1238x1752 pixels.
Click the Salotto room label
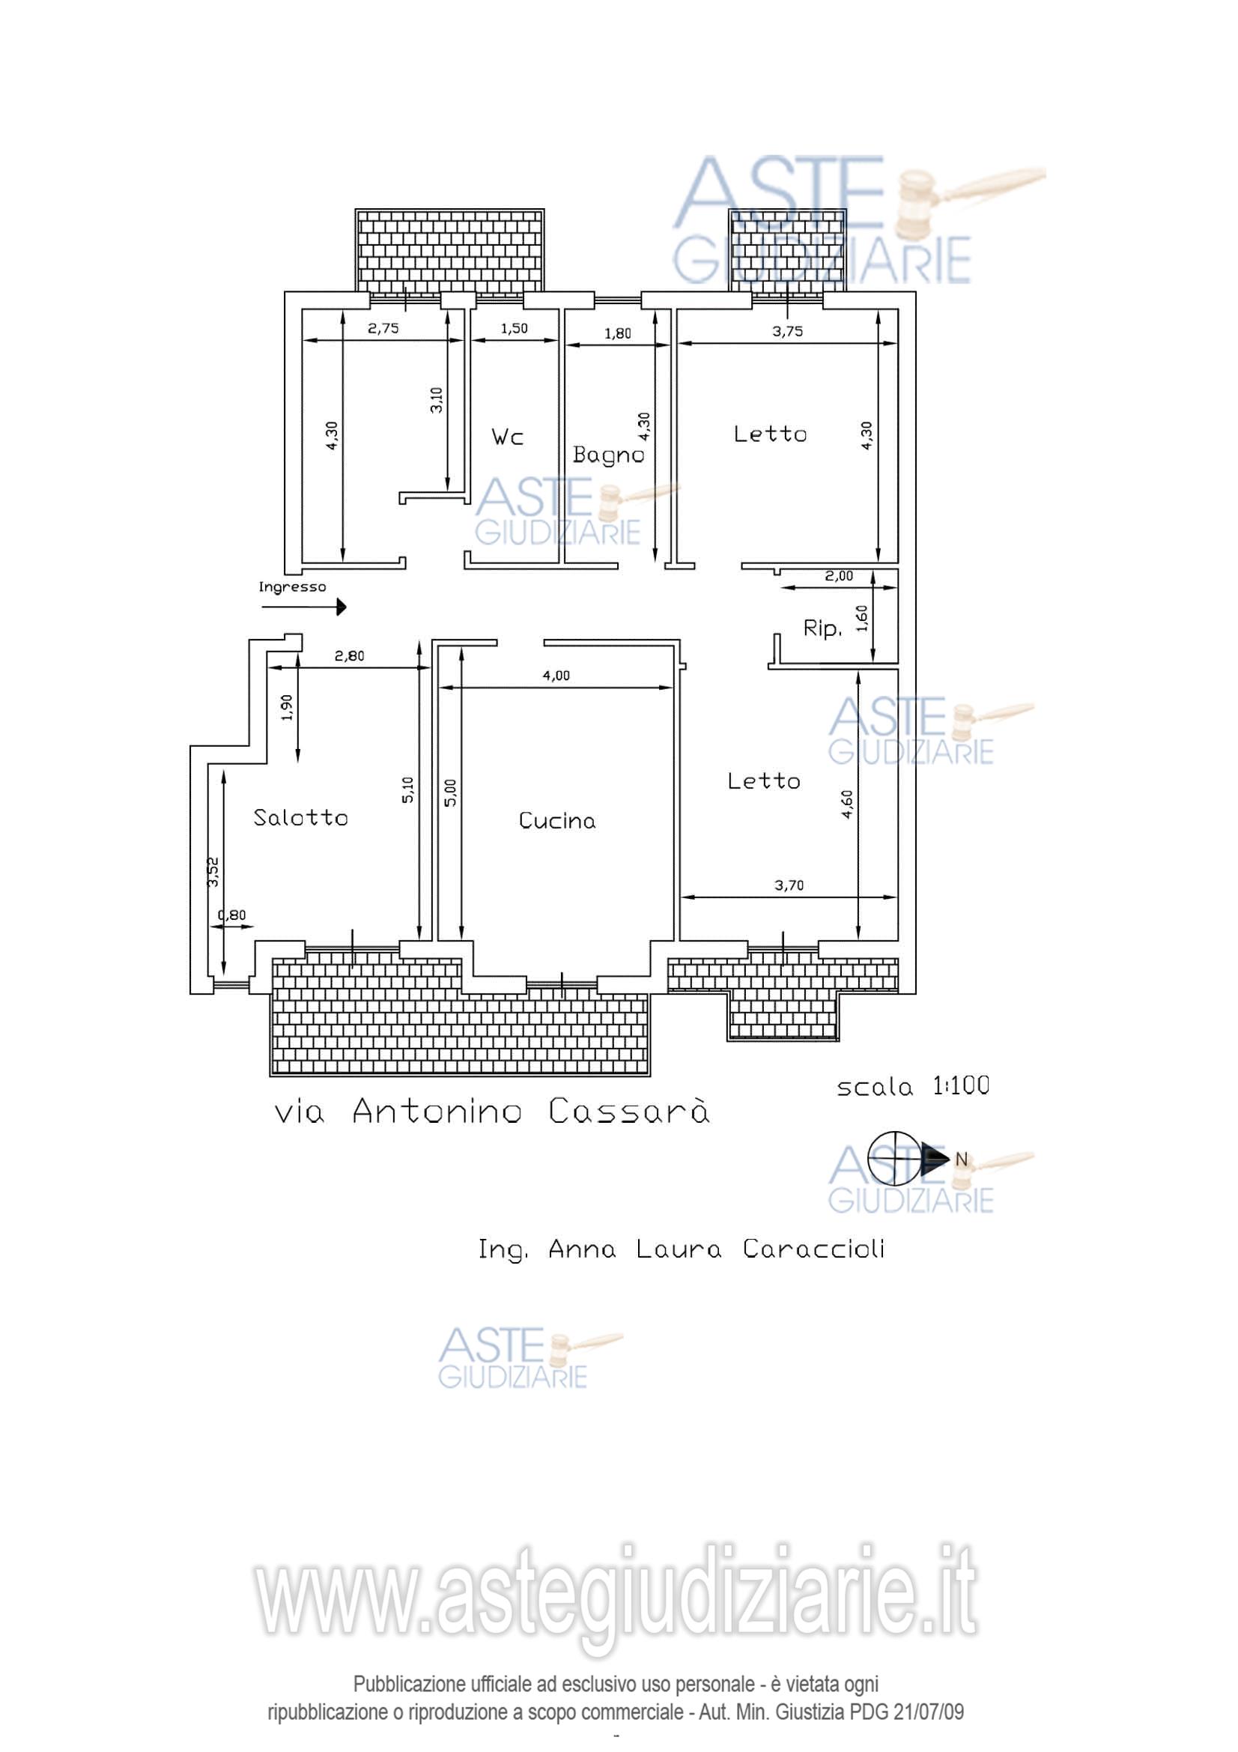[300, 817]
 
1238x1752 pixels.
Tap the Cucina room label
[556, 820]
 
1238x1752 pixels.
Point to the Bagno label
[609, 455]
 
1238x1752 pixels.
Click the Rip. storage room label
[822, 628]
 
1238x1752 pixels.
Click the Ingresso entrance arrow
[303, 607]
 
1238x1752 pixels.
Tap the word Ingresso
[292, 586]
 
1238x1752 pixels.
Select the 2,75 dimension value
[383, 329]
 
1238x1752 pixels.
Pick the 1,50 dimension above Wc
[514, 328]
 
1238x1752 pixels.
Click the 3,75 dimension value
[787, 331]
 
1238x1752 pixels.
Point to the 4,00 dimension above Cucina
[556, 676]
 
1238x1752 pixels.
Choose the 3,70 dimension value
[789, 885]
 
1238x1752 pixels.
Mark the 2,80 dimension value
[349, 655]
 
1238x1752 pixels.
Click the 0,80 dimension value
[232, 915]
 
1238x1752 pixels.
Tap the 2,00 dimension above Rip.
[839, 576]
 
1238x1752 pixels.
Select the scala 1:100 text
[913, 1086]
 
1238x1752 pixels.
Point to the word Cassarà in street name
[629, 1112]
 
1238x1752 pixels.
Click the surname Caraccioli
[814, 1249]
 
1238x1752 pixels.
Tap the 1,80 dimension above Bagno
[617, 333]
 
